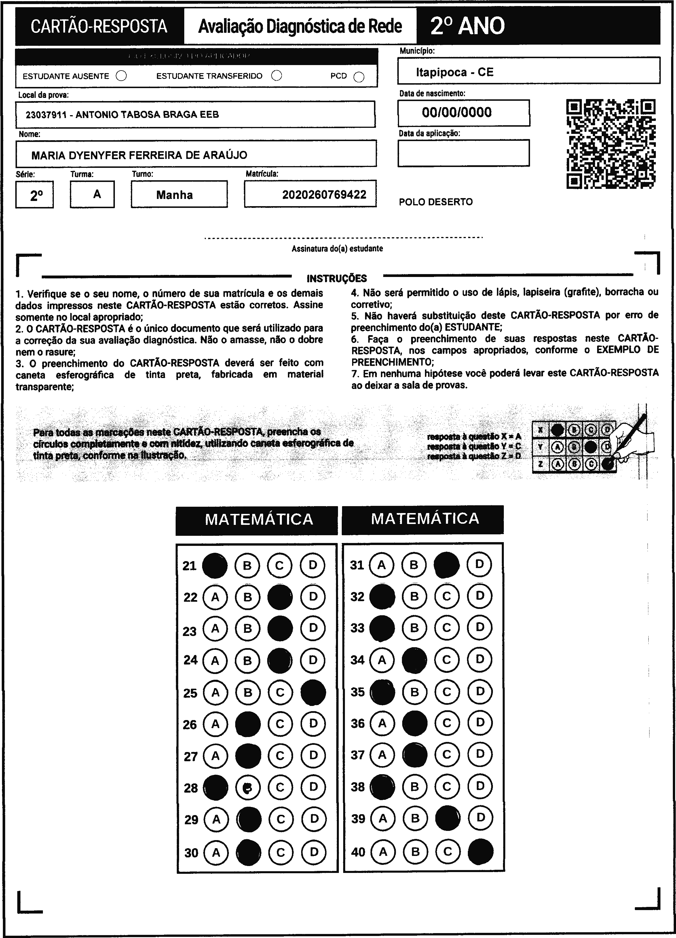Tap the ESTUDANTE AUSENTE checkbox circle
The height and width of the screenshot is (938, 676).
tap(121, 76)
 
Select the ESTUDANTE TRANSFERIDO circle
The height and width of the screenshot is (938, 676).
tap(277, 76)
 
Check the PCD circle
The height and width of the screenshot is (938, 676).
tap(359, 77)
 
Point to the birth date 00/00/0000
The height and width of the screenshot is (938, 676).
tap(457, 113)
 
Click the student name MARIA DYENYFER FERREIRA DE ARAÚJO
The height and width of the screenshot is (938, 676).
tap(139, 155)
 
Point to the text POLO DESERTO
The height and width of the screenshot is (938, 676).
tap(436, 202)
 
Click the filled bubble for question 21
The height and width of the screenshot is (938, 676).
tap(214, 565)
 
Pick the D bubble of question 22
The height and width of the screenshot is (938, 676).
tap(313, 597)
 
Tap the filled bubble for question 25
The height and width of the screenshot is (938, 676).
tap(313, 692)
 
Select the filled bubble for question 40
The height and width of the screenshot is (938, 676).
tap(481, 852)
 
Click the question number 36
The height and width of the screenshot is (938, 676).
tap(358, 723)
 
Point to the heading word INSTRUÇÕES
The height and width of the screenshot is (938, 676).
tap(337, 278)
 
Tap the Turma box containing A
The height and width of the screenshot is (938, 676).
tap(92, 194)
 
